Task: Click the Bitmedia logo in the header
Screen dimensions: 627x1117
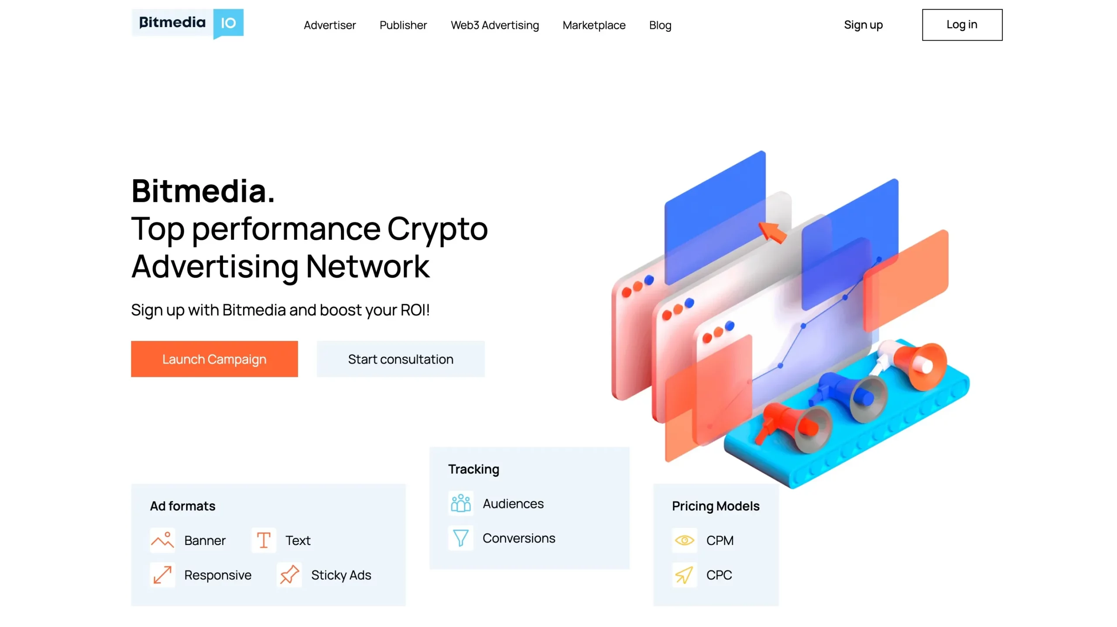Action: (187, 24)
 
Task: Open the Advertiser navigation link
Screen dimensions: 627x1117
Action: (329, 25)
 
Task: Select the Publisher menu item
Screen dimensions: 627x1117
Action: (403, 25)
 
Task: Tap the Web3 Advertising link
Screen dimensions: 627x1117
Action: (494, 25)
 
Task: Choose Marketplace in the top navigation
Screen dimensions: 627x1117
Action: (593, 25)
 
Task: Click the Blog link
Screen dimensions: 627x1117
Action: (660, 25)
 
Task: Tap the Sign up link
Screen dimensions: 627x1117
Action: (863, 25)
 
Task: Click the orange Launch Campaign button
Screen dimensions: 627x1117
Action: (214, 359)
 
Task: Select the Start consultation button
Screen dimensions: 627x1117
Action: (400, 359)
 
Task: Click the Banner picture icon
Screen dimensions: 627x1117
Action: (162, 540)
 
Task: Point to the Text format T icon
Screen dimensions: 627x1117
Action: (264, 540)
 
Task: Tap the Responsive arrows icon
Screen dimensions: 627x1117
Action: (162, 575)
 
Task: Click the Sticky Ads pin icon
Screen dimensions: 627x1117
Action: (289, 575)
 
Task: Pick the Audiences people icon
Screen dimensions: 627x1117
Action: (460, 503)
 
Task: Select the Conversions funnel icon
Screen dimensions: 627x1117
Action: (460, 538)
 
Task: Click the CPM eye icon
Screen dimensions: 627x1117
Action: (684, 540)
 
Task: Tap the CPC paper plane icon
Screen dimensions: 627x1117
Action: (684, 575)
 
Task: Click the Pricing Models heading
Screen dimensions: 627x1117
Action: (715, 506)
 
